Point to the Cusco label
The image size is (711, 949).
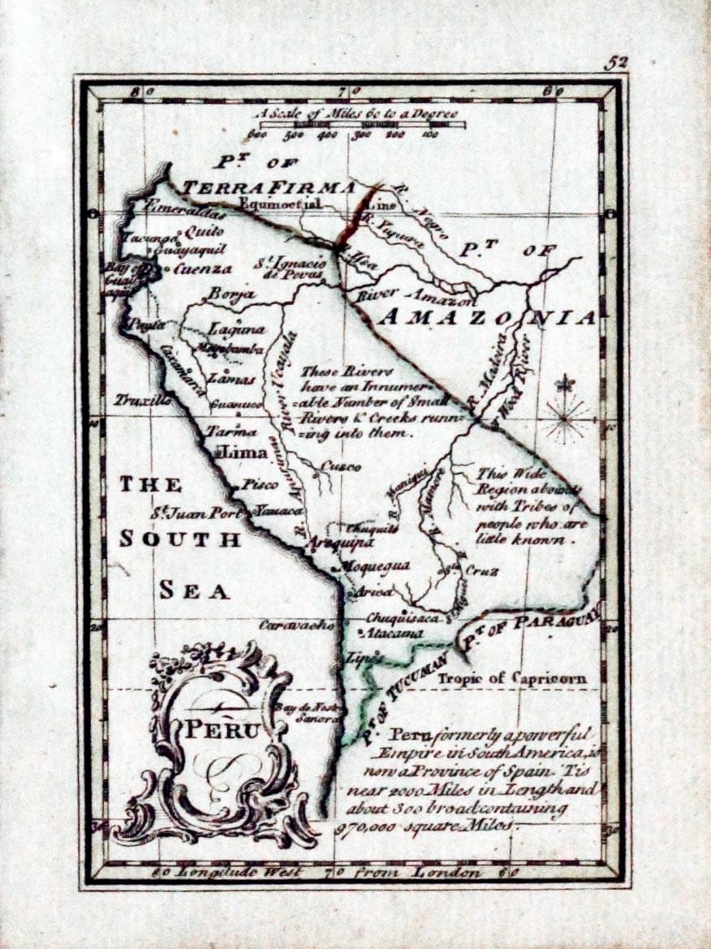pos(341,466)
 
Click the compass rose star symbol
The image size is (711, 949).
pos(567,418)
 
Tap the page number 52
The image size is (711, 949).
pos(616,63)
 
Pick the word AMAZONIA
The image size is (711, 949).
pos(487,318)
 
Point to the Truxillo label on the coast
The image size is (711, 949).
pos(143,400)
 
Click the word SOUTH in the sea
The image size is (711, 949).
pos(180,539)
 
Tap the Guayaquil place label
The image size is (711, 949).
pos(190,251)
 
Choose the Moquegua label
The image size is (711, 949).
pos(374,565)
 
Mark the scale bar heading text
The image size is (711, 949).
pos(355,114)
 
